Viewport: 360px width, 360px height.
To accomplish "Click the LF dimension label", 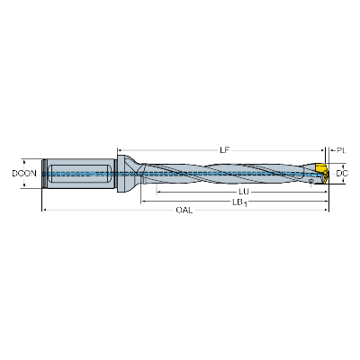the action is (224, 150).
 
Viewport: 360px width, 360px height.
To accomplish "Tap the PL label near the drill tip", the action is (341, 150).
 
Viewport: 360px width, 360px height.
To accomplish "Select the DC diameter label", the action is (342, 174).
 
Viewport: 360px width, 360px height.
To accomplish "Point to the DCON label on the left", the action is (24, 174).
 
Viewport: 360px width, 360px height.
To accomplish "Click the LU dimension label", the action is (244, 192).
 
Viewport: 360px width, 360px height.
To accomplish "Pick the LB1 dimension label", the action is (239, 202).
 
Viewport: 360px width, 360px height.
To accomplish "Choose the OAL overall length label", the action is (184, 210).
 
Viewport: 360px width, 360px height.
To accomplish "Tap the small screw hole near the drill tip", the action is (311, 181).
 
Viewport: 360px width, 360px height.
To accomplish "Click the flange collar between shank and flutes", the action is (121, 174).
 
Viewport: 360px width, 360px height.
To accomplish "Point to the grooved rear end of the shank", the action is (44, 174).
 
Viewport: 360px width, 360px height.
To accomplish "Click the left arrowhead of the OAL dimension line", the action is (43, 210).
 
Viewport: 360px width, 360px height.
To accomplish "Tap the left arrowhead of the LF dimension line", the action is (119, 150).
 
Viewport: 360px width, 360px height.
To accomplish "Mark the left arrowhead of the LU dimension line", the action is (158, 192).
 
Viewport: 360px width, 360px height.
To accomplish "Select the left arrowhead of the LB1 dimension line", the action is (143, 201).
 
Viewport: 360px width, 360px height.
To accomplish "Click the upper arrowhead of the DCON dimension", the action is (23, 160).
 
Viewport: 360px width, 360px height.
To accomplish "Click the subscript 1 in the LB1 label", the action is (245, 204).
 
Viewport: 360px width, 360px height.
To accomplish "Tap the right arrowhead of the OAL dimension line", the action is (327, 210).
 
